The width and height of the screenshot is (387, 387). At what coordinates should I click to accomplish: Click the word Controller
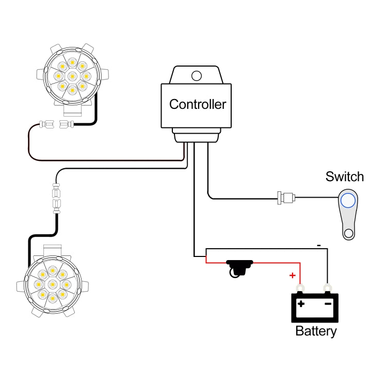198,104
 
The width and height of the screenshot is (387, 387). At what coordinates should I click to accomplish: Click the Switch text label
344,177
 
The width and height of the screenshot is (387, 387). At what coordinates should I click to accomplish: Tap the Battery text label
316,331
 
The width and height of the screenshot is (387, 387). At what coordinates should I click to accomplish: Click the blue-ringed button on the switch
348,200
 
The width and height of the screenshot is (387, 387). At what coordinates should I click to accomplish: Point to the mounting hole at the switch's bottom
349,233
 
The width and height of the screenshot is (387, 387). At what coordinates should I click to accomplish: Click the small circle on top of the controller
196,76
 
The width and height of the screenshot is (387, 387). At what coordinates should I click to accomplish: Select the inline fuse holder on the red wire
238,267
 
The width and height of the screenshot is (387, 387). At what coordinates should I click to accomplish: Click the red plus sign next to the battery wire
292,276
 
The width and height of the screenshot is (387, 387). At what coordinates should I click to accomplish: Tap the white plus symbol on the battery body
300,304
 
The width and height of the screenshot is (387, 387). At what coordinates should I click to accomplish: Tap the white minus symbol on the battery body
327,304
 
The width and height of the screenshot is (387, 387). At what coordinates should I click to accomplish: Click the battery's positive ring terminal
299,287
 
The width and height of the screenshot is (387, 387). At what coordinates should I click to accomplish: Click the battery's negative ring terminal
326,287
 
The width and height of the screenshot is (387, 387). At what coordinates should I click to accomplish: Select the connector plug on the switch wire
285,197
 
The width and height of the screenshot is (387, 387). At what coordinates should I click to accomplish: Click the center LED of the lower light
52,284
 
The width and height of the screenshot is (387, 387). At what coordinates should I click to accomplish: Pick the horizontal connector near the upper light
57,124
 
